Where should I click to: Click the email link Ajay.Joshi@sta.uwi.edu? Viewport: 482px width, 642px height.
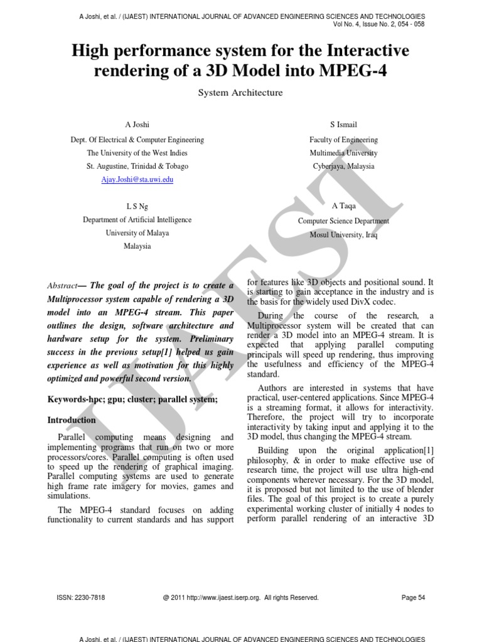[137, 179]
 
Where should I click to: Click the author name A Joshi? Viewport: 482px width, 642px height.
[137, 125]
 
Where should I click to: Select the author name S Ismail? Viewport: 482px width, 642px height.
[343, 125]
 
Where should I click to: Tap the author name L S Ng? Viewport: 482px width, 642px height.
[137, 206]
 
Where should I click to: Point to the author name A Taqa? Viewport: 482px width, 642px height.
[343, 206]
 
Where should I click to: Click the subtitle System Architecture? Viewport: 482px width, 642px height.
[240, 93]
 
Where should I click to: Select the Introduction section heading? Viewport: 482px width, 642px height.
[72, 420]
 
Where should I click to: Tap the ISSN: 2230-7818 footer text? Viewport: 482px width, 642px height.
[81, 597]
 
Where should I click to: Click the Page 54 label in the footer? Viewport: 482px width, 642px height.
[413, 597]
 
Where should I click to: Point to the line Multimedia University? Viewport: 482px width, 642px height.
[343, 153]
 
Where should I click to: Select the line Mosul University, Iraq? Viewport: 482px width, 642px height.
[343, 235]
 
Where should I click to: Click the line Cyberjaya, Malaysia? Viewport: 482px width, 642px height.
[343, 166]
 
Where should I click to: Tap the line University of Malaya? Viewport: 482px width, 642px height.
[137, 233]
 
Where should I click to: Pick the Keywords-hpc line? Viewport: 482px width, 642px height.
[132, 399]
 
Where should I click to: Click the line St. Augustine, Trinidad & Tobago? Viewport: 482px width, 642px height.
[137, 166]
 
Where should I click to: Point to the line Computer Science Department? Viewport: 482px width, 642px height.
[343, 221]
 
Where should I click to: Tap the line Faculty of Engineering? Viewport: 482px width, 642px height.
[343, 140]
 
